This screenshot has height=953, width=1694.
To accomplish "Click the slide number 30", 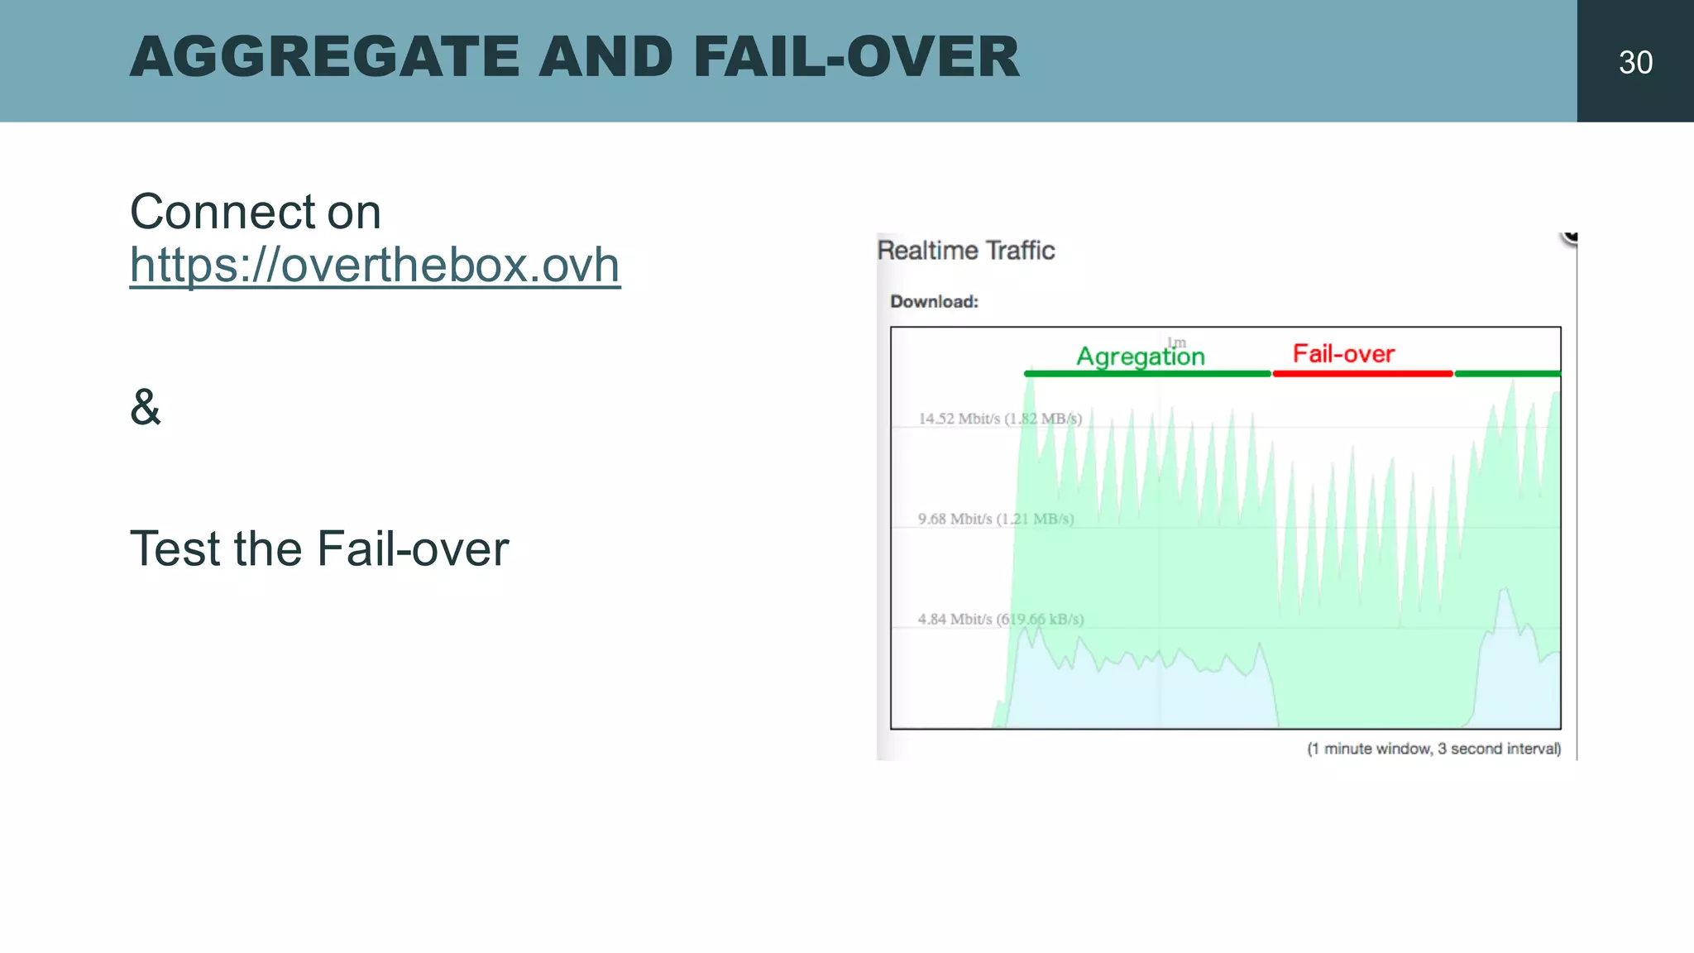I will coord(1635,63).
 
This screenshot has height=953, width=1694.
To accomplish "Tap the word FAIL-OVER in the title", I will coord(856,57).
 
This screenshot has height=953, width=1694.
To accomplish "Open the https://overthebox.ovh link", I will coord(375,266).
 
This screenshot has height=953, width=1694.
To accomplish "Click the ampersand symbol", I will coord(146,407).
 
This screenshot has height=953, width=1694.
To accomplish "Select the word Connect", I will coord(223,212).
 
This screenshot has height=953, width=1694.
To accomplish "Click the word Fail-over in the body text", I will coord(413,548).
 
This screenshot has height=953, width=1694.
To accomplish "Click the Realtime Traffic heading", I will coord(965,251).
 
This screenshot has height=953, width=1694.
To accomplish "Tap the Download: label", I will coord(934,302).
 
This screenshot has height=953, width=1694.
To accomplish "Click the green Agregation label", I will coord(1140,357).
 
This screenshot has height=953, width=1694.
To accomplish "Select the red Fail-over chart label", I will coord(1343,354).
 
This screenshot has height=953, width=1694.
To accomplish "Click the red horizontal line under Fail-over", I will coord(1362,374).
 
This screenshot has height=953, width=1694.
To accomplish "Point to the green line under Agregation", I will coord(1146,374).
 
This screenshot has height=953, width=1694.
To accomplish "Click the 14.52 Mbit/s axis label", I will coord(999,419).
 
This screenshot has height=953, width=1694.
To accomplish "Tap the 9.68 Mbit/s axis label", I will coord(995,519).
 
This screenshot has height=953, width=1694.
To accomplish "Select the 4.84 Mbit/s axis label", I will coord(1000,619).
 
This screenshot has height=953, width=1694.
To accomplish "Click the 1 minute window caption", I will coord(1433,749).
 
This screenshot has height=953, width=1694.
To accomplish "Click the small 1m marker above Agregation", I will coord(1176,342).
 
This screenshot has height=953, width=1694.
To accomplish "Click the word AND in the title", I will coord(605,57).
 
